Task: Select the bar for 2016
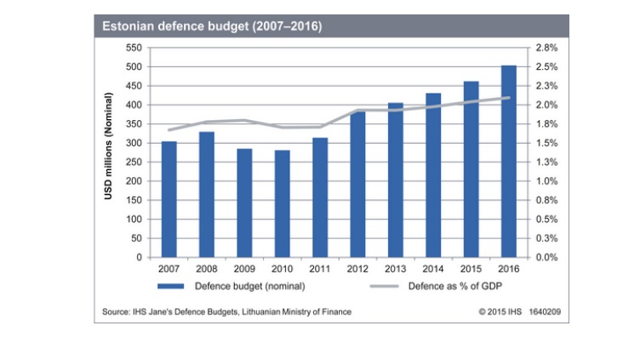point(509,162)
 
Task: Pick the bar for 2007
point(169,199)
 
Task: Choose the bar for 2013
point(395,180)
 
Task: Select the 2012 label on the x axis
point(357,269)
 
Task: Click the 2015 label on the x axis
point(471,269)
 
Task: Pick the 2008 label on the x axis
point(206,269)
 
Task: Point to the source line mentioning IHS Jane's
point(226,312)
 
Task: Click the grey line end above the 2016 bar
point(509,97)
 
